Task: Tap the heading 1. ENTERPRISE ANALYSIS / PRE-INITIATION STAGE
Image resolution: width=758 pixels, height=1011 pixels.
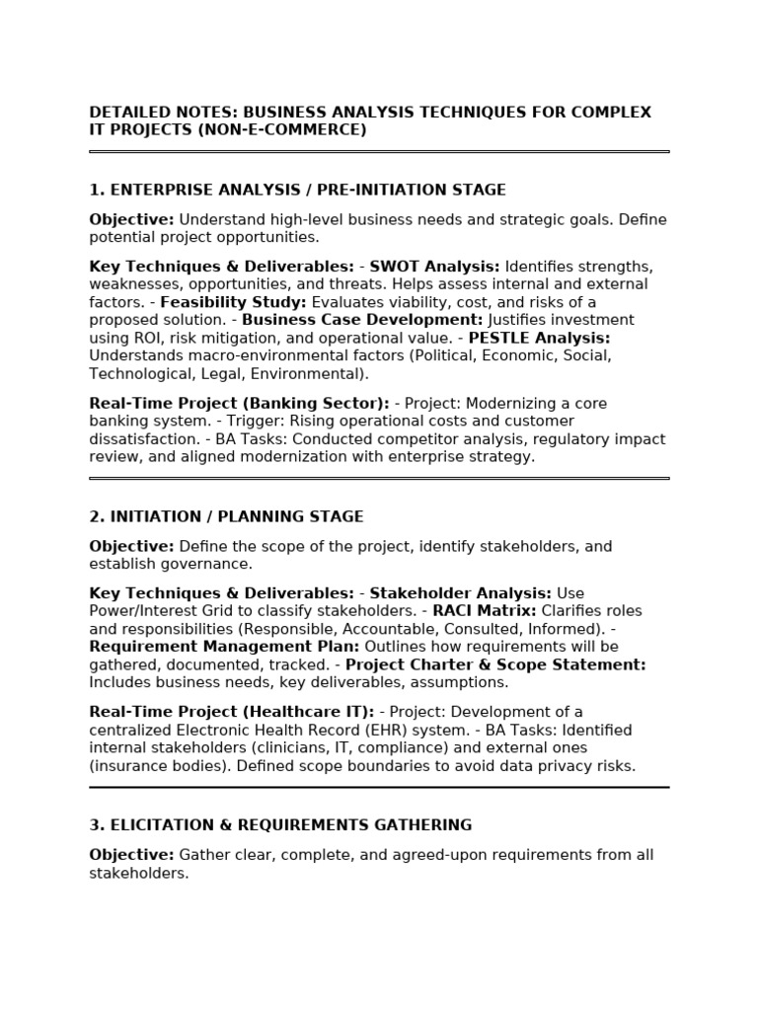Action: click(x=297, y=190)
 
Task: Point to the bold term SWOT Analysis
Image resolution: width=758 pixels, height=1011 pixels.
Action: click(x=434, y=267)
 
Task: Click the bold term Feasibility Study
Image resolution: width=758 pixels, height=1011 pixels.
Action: click(x=233, y=302)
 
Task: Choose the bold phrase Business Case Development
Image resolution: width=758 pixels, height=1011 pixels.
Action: click(x=362, y=320)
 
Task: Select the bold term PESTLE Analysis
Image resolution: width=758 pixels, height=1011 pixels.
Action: click(x=539, y=338)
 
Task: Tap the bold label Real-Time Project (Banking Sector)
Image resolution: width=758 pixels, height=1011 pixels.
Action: click(x=239, y=404)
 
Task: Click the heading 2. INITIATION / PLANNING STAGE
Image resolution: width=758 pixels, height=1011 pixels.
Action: click(x=226, y=516)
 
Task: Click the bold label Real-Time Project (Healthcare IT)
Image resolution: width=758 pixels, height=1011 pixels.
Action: click(x=231, y=712)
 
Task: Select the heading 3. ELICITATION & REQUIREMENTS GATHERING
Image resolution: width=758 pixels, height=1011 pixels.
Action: click(x=280, y=824)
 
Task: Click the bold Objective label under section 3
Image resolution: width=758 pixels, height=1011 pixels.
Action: click(x=131, y=855)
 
